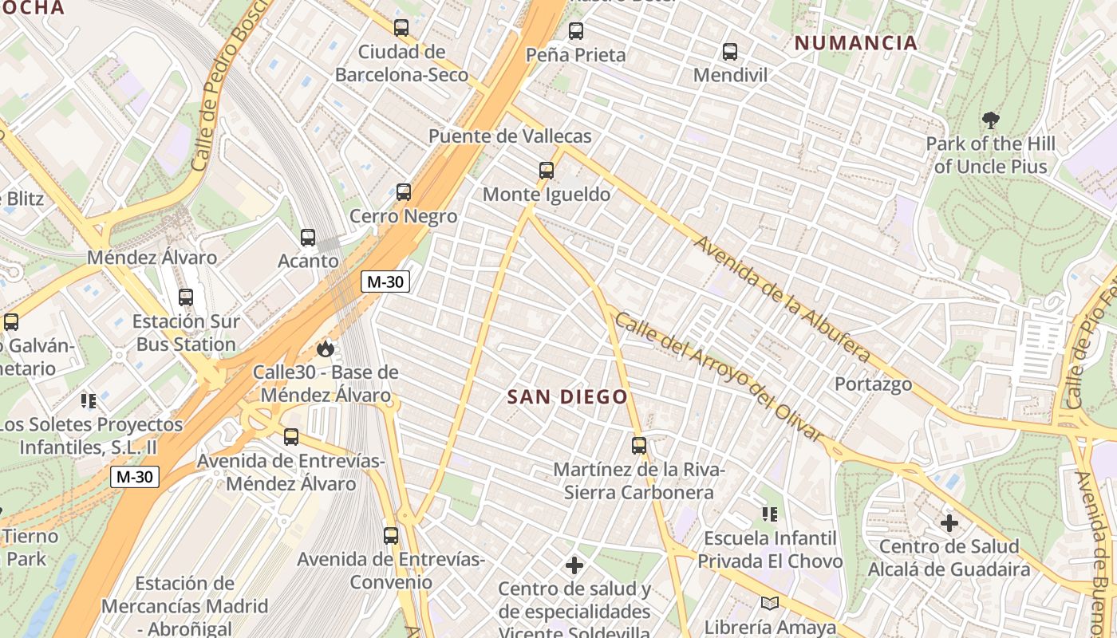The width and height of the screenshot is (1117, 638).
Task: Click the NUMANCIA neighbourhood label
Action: [856, 43]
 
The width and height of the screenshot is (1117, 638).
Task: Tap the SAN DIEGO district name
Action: [567, 396]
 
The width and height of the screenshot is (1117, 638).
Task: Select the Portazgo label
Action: [873, 384]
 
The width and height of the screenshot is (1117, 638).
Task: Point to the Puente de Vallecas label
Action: [510, 136]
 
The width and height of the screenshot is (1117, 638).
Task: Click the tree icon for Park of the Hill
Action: [991, 121]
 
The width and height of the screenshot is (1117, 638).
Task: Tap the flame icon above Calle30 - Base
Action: [325, 349]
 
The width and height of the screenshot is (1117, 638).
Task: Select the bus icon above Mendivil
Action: [729, 53]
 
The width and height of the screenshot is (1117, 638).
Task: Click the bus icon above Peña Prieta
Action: [575, 32]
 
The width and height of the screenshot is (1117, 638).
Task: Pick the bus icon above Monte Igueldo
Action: [546, 171]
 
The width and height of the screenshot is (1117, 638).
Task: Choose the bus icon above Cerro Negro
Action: [403, 192]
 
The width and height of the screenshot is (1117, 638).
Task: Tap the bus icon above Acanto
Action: [307, 238]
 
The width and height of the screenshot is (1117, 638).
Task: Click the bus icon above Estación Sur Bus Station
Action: [186, 297]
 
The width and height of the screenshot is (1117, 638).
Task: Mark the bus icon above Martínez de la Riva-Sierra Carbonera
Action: [638, 446]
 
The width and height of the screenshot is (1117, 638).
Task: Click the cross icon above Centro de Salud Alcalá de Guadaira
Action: [949, 523]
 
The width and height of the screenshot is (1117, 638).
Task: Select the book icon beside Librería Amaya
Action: [769, 604]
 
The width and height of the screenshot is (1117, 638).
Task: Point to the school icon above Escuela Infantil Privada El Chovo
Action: [769, 514]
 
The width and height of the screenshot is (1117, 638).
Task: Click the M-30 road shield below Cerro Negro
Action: [385, 282]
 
